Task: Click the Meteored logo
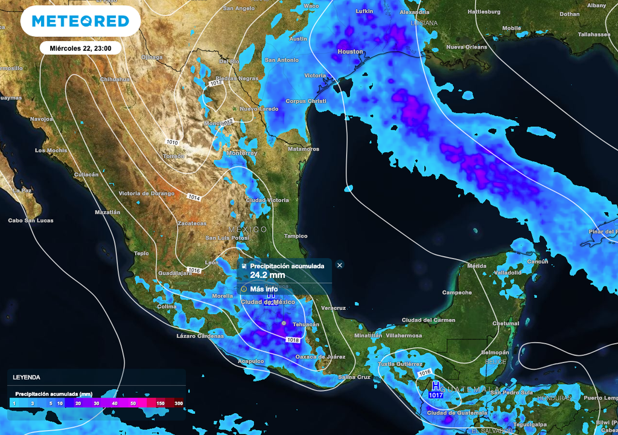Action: coord(80,21)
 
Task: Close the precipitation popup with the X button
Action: coord(340,265)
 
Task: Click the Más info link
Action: coord(264,289)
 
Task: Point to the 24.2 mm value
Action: coord(267,275)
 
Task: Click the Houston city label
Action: coord(350,52)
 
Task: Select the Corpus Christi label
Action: coord(305,101)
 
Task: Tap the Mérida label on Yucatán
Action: coord(476,266)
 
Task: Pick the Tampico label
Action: coord(296,236)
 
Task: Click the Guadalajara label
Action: coord(174,273)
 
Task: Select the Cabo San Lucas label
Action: coord(31,221)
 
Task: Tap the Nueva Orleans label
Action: coord(467,47)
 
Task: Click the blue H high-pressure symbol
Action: coord(436,386)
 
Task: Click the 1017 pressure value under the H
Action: coord(436,395)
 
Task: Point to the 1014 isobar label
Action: coord(194,198)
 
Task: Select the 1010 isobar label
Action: coord(172,142)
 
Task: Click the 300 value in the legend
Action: coord(179,403)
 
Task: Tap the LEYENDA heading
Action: coord(27,377)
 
